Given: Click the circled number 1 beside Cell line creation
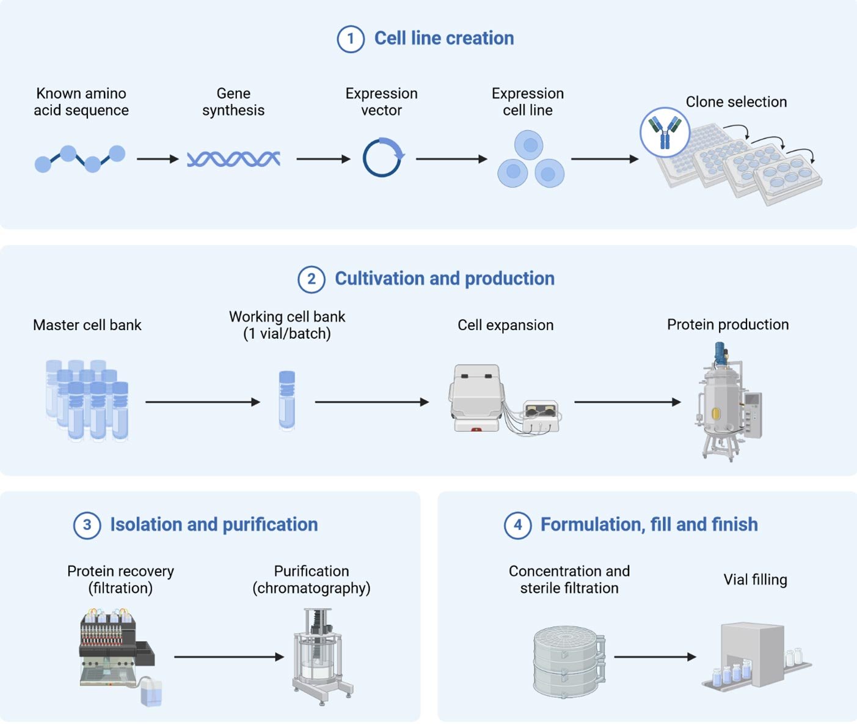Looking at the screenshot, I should tap(351, 39).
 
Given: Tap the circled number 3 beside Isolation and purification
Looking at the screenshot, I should tap(87, 525).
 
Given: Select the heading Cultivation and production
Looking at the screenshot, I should tap(444, 279).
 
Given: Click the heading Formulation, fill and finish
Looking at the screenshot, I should tap(649, 524).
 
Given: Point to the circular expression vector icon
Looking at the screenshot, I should tap(382, 158).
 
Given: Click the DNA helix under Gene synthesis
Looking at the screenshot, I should tap(233, 159).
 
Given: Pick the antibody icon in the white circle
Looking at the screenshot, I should tap(665, 131).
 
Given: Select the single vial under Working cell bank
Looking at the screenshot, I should tap(286, 400).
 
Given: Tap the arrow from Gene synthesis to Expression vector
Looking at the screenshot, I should tap(323, 159).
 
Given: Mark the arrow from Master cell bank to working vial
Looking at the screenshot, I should tap(203, 402).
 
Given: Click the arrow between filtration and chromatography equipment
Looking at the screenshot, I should tap(229, 657).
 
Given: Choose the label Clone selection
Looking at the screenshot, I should tap(736, 102).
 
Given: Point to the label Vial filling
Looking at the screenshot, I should tap(755, 580).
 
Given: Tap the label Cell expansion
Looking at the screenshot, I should tap(505, 325).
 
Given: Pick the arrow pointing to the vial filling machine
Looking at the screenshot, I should tap(655, 657).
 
